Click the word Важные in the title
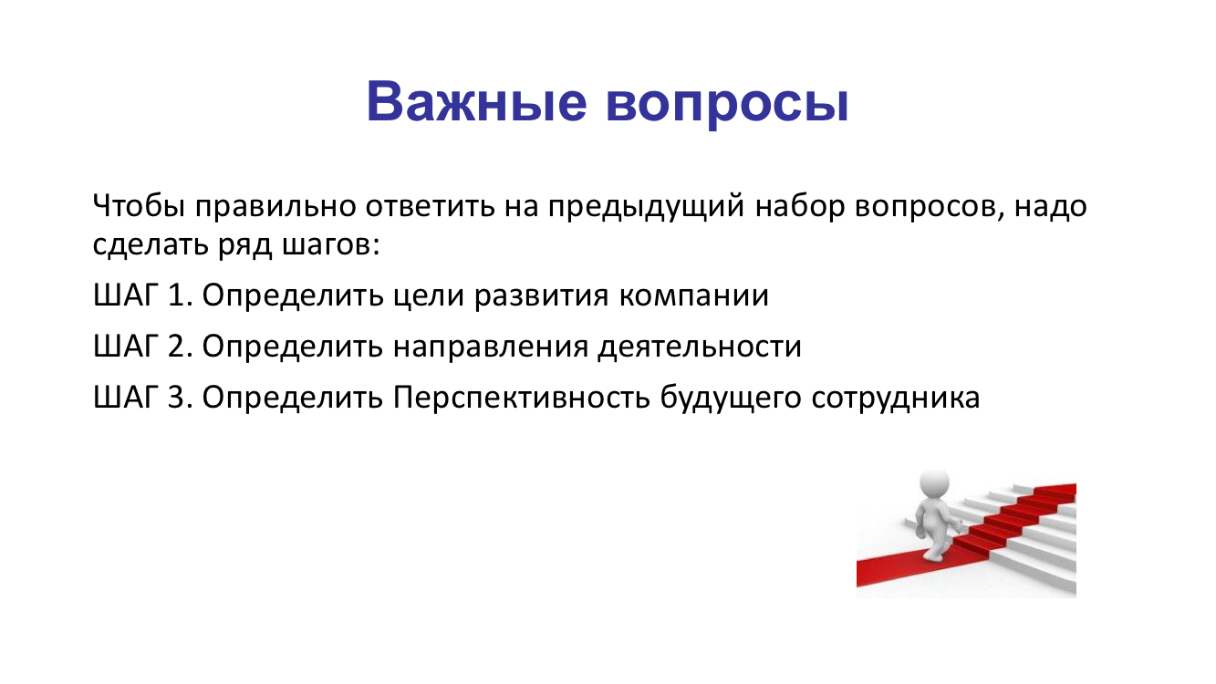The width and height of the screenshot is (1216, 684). click(476, 101)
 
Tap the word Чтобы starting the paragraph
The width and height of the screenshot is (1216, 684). click(140, 206)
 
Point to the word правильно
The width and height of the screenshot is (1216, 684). click(275, 207)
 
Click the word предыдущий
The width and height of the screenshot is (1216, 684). click(646, 207)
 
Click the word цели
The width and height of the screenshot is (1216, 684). click(429, 296)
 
